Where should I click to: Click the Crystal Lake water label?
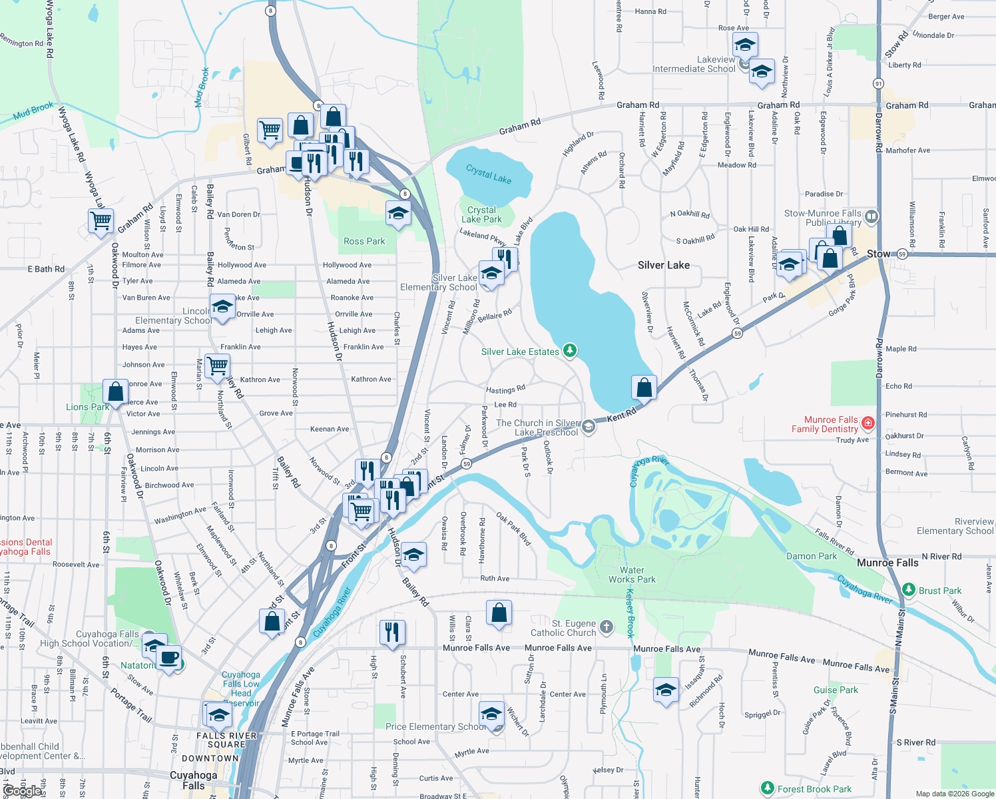[489, 174]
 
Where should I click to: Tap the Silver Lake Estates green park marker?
[569, 350]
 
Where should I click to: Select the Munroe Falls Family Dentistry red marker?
[868, 423]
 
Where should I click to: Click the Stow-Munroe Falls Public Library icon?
[871, 217]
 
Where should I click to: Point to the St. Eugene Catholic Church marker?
[606, 627]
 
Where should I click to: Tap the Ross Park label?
[364, 241]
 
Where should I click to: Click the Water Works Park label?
[632, 575]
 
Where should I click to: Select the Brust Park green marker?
[909, 590]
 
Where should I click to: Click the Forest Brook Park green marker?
[768, 788]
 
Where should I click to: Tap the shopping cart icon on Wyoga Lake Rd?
[101, 220]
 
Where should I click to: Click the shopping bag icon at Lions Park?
[115, 392]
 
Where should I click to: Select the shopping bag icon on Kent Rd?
[644, 387]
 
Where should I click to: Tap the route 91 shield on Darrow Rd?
[879, 84]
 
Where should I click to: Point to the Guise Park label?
[836, 690]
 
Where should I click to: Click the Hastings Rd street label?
[505, 390]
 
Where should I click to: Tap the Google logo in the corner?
[22, 791]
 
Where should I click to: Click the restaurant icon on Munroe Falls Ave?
[392, 632]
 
